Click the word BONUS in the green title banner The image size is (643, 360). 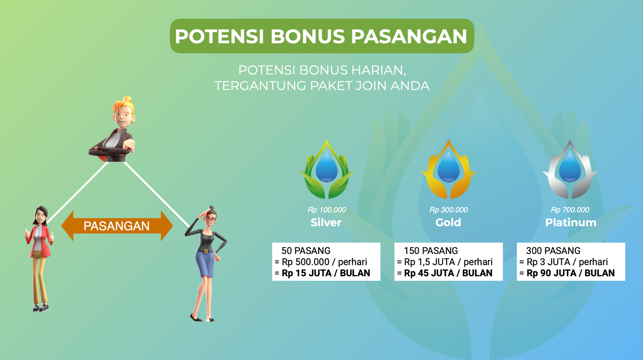(307, 37)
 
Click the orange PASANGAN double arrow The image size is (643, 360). (117, 226)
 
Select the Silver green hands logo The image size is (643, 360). (326, 169)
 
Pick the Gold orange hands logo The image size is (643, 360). (448, 169)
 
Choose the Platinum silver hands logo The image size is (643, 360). (570, 169)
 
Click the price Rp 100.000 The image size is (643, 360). (327, 210)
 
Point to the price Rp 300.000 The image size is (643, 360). (448, 210)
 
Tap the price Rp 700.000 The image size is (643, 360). (570, 210)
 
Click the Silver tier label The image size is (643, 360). (326, 223)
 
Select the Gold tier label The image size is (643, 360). (448, 223)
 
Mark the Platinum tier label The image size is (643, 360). (571, 223)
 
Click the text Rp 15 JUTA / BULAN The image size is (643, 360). (326, 273)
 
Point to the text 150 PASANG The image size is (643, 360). (431, 250)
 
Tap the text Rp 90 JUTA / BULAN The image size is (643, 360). (571, 273)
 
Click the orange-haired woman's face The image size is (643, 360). (123, 117)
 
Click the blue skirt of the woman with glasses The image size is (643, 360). (205, 263)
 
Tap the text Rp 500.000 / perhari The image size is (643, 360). (324, 262)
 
